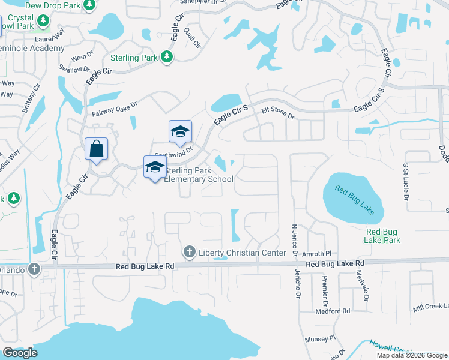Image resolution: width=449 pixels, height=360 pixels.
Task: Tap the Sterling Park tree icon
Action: pos(167,57)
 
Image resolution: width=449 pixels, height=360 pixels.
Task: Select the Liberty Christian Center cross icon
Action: pos(189,252)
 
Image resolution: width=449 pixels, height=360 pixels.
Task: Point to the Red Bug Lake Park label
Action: pos(383,236)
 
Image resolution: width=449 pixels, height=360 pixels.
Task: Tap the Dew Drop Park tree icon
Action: pos(89,5)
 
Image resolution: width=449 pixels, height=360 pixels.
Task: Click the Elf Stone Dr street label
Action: pos(277,114)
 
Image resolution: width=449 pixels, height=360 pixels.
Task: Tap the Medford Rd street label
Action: pos(333,311)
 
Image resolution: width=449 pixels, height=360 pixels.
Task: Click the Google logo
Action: pos(20,353)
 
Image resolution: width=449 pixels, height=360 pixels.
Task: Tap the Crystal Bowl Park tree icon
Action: pos(43,21)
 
